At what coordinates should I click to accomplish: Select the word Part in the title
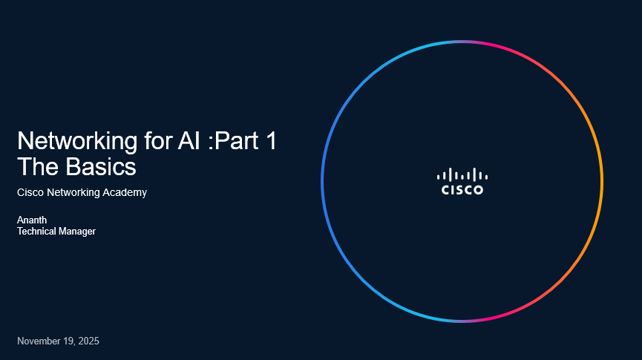[237, 141]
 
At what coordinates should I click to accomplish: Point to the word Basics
[101, 167]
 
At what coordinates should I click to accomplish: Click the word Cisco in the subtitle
[30, 193]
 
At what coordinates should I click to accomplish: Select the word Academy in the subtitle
[126, 193]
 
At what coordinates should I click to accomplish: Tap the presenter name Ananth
[32, 220]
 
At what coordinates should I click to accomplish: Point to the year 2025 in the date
[88, 341]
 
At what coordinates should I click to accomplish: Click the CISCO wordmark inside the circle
[462, 190]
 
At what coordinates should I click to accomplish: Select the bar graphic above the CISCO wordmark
[462, 175]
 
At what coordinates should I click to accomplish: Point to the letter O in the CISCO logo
[478, 190]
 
